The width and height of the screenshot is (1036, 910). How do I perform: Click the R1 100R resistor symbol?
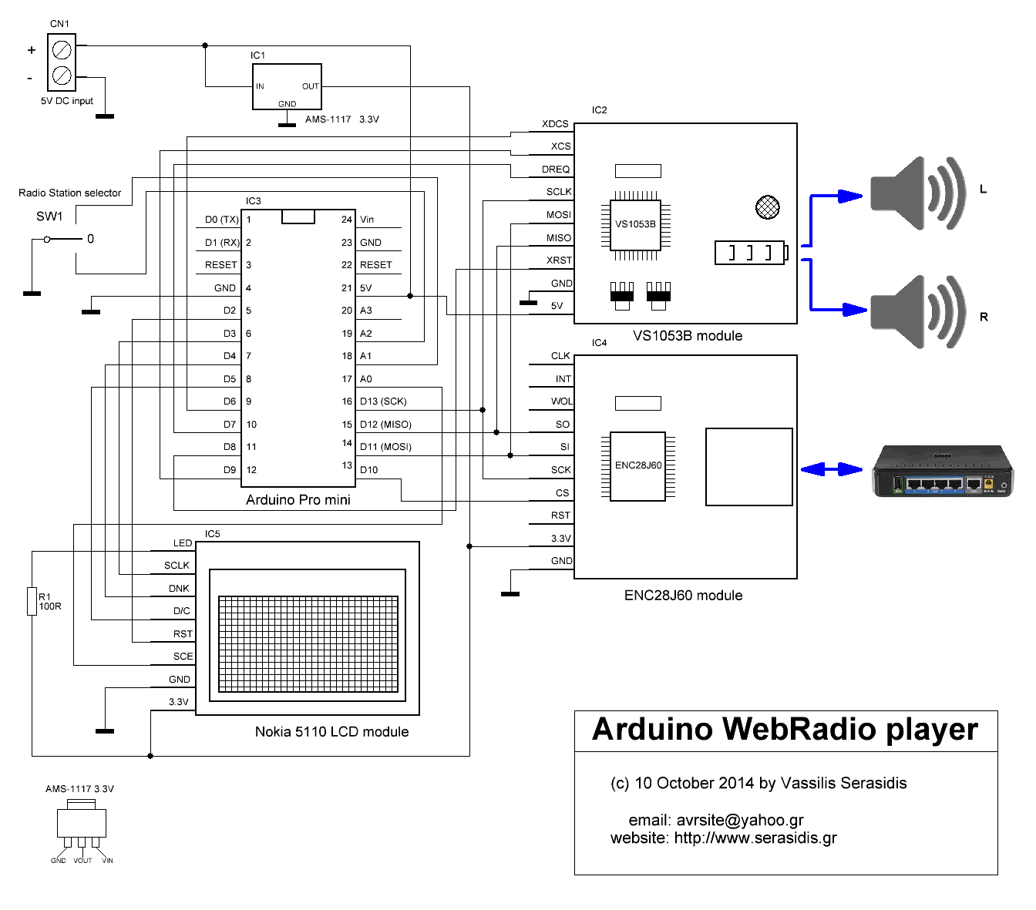click(x=32, y=601)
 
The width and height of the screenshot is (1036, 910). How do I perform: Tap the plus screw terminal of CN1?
click(x=62, y=50)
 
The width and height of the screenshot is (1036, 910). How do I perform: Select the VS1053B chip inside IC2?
click(x=636, y=224)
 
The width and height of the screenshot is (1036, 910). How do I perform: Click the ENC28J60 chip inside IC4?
click(x=637, y=465)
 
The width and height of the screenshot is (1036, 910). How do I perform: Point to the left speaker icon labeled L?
click(x=917, y=193)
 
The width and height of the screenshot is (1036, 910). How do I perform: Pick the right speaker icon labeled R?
click(x=917, y=312)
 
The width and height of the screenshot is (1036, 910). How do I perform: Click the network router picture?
click(x=943, y=471)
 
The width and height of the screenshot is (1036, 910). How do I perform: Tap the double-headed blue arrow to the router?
click(x=832, y=468)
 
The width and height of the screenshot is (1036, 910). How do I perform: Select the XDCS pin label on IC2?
click(x=555, y=124)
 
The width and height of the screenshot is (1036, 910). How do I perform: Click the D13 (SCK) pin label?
click(x=383, y=401)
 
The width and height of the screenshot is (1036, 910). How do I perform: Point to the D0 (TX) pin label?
click(x=222, y=220)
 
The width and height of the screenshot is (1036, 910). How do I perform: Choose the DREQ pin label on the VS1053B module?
click(x=555, y=170)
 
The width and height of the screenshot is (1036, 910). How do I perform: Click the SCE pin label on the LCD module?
click(x=183, y=656)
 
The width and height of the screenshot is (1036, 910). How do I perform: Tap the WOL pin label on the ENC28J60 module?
click(x=561, y=401)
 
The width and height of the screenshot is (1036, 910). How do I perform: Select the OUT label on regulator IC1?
click(x=311, y=86)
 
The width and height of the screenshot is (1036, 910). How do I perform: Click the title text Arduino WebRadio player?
click(x=785, y=729)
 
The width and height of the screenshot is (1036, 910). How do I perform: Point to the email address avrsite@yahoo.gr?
click(x=740, y=820)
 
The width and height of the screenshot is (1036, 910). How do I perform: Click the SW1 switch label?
click(x=49, y=217)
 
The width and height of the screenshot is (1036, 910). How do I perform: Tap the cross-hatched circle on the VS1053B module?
click(x=767, y=207)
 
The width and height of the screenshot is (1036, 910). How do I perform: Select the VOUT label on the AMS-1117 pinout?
click(x=82, y=861)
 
